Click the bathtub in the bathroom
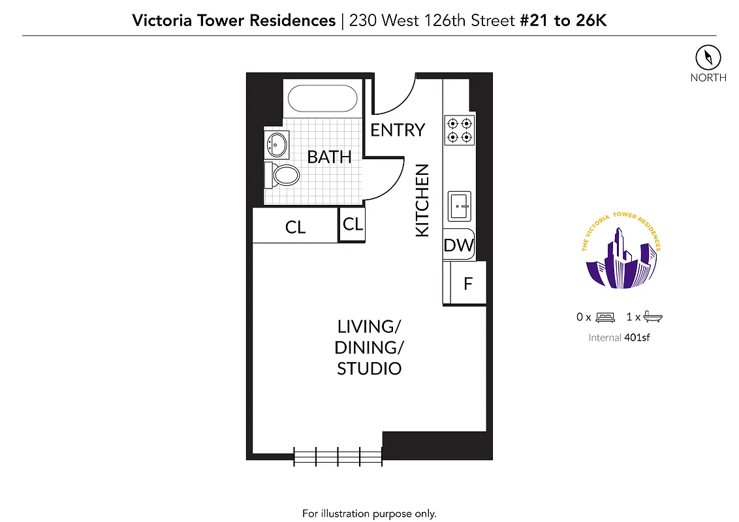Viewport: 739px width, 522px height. coord(322,99)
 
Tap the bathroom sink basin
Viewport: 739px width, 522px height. coord(278,144)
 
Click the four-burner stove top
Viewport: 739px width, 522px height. coord(459,130)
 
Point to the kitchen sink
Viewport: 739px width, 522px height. coord(460,207)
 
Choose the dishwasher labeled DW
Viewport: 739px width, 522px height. coord(458,245)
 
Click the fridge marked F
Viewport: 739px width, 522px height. coord(468,283)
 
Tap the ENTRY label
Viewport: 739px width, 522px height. coord(398,130)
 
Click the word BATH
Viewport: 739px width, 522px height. coord(329,157)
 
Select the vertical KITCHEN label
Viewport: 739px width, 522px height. coord(422,200)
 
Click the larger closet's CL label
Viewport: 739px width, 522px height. coord(295,227)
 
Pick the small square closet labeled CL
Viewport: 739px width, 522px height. coord(353,224)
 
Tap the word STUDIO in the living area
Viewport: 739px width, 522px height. coord(369,369)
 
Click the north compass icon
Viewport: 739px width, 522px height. coord(708,57)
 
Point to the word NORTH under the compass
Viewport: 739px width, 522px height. coord(708,78)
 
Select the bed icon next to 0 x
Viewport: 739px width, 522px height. coord(605,317)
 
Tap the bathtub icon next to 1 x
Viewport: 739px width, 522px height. coord(653,317)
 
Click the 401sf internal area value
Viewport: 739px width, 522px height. coord(637,337)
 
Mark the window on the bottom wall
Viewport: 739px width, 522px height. coord(338,455)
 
